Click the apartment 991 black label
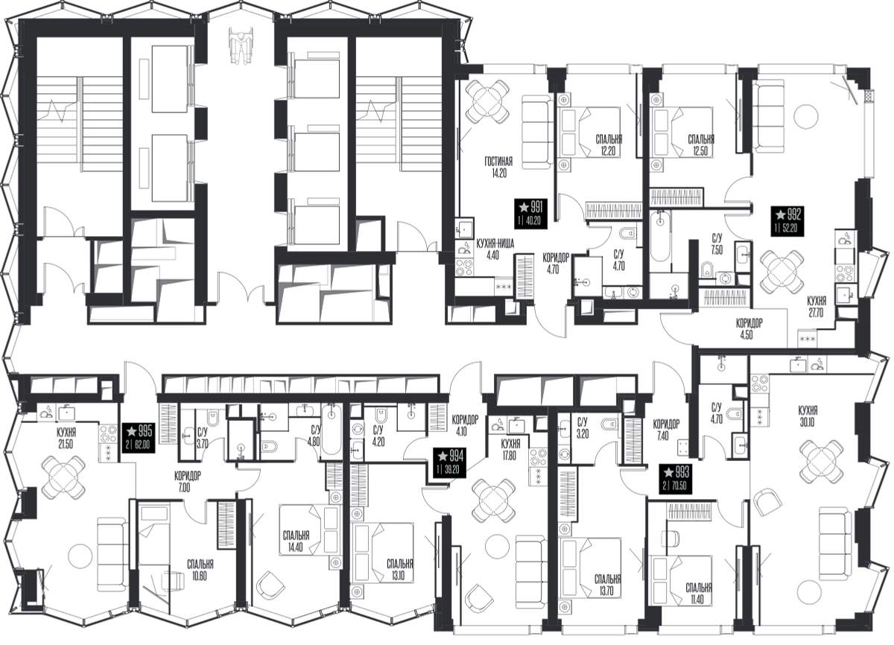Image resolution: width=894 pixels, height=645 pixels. [530, 213]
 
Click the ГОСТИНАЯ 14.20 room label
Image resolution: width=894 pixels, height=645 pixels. [498, 168]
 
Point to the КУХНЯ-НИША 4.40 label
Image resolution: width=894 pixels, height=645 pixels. [495, 250]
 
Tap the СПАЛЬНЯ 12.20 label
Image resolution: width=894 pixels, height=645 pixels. [609, 145]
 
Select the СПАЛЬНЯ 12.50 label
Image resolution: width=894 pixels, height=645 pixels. [701, 145]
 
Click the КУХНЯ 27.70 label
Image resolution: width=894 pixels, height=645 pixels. [817, 307]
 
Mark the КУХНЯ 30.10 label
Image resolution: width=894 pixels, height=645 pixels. [808, 416]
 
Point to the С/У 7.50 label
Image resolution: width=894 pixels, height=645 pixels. [717, 244]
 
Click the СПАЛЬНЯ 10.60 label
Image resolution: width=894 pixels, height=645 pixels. [200, 570]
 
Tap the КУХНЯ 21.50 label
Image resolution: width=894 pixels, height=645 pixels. [66, 439]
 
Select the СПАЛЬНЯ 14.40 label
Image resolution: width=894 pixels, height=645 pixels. [296, 541]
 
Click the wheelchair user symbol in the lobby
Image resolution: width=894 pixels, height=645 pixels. [241, 45]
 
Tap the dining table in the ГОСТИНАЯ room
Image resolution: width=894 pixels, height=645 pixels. [489, 101]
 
